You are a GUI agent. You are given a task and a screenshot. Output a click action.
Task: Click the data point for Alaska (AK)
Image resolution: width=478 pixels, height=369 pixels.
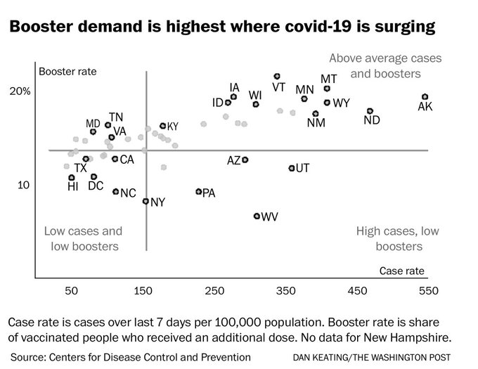tap(425, 97)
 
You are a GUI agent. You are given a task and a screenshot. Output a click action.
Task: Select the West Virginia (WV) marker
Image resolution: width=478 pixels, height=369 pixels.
tap(257, 216)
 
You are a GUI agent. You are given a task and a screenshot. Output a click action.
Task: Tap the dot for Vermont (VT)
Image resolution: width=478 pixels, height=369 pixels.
tap(277, 77)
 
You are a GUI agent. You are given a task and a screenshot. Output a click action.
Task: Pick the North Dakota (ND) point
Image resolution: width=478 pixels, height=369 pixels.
tap(370, 111)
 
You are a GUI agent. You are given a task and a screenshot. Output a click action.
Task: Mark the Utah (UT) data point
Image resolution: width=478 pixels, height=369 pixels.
tap(292, 168)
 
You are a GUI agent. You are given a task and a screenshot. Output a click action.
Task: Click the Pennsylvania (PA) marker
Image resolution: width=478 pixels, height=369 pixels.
tap(199, 191)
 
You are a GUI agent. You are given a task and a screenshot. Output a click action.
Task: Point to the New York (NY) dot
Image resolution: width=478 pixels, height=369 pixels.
tap(146, 201)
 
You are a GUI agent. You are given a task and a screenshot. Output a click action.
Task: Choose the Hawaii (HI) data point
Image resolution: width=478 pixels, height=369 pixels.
tap(72, 178)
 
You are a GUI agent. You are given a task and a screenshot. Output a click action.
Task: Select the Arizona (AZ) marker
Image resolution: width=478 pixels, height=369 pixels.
tap(245, 160)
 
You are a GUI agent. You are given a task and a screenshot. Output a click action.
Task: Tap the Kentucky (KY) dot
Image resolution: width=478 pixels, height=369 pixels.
tap(162, 126)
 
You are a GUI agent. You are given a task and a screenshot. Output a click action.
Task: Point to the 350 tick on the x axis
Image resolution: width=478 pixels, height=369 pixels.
tap(285, 290)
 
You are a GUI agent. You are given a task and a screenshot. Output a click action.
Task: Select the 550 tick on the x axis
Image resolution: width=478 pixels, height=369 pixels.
tap(428, 290)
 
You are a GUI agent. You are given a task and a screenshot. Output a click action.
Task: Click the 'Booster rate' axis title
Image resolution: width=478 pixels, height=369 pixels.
tap(67, 71)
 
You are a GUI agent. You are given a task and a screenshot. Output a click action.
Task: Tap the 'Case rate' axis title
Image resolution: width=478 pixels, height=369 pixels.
tap(401, 271)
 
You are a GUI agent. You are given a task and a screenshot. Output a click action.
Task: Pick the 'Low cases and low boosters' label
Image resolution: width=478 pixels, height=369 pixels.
tap(83, 238)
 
